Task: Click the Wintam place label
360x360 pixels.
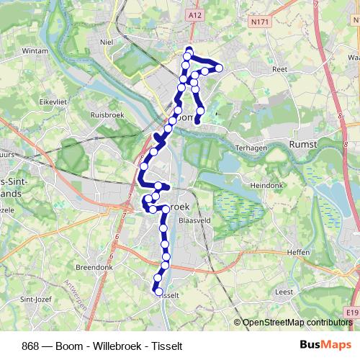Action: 34,52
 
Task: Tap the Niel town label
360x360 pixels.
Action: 109,42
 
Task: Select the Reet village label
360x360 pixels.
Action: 280,70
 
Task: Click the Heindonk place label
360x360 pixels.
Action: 269,185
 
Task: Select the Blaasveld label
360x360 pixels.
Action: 194,221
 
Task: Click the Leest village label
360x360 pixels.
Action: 284,292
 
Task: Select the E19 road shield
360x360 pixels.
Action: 351,312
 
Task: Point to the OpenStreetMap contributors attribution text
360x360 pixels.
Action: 296,323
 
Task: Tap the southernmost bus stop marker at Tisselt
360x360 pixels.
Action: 158,291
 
